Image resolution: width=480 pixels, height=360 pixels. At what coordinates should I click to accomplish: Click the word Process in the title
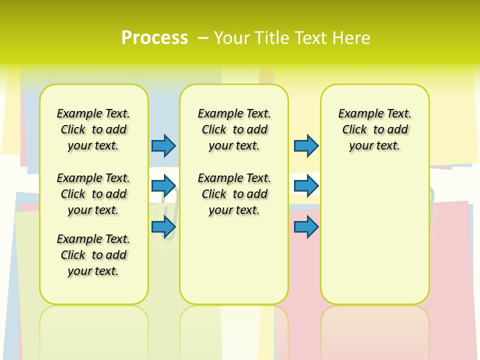[x=154, y=37]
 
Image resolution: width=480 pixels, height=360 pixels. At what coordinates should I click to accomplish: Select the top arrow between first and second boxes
[x=163, y=145]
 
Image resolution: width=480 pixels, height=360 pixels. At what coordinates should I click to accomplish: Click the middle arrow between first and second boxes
[x=163, y=185]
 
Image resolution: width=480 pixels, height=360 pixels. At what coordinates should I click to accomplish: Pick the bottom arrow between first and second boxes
[x=163, y=226]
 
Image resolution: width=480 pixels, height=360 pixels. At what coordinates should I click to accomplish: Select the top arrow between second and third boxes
[x=306, y=145]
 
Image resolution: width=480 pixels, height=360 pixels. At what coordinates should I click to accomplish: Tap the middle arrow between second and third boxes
[x=306, y=185]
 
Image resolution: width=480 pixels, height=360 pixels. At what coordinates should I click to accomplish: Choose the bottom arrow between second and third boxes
[x=306, y=226]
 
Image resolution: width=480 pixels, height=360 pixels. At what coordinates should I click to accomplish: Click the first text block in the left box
[x=93, y=129]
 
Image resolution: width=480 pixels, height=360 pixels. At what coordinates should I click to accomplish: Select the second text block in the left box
[x=93, y=194]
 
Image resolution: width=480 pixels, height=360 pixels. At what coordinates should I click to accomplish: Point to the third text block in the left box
[x=93, y=255]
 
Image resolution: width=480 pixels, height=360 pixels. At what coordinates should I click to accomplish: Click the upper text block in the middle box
[x=234, y=129]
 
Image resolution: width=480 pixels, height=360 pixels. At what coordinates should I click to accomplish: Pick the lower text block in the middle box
[x=234, y=194]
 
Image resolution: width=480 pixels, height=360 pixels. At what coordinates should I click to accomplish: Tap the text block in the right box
[x=374, y=129]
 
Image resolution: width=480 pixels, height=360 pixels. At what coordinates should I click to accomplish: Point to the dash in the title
[x=203, y=38]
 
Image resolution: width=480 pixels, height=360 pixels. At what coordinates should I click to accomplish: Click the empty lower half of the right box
[x=374, y=235]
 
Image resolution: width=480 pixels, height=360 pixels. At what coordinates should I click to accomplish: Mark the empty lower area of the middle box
[x=234, y=260]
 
